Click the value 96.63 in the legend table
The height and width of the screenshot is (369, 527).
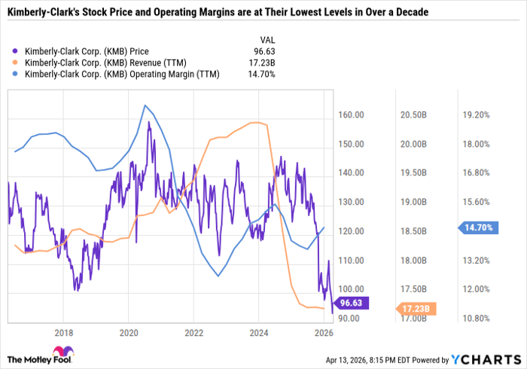(x=267, y=51)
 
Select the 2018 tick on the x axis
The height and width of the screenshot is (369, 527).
(x=63, y=332)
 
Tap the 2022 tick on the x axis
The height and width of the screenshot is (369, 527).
(x=193, y=332)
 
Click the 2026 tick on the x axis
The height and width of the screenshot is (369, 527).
(x=324, y=332)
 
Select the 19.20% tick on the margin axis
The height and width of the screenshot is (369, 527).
(x=476, y=115)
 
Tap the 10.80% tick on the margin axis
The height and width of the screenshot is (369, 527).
(x=476, y=319)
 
